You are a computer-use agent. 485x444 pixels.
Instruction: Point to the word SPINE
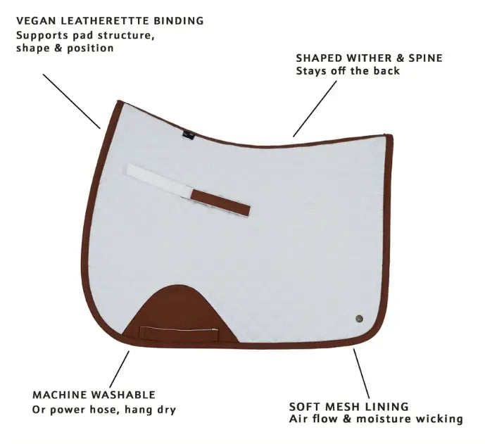click(426, 58)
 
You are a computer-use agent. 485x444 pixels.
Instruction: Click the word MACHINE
click(59, 395)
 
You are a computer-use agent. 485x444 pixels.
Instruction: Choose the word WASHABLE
click(123, 395)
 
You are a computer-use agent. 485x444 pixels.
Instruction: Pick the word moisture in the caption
click(384, 419)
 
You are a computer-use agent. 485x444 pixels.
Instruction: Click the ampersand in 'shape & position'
click(57, 49)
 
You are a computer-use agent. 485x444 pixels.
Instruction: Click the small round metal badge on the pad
click(359, 319)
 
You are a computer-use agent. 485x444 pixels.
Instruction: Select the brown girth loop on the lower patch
click(179, 333)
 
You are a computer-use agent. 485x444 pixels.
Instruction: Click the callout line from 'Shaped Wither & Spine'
click(315, 109)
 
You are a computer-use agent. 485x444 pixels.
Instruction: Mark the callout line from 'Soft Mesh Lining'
click(361, 374)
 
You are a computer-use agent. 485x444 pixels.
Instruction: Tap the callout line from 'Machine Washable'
click(120, 369)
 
